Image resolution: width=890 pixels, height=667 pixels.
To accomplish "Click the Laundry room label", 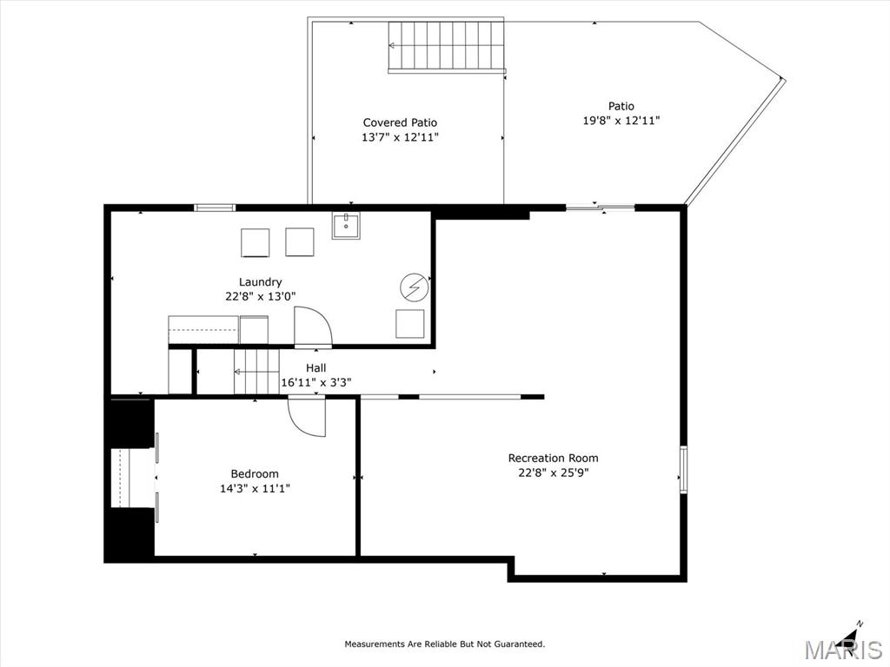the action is (260, 282).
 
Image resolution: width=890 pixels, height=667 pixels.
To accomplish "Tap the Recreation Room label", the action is (553, 458).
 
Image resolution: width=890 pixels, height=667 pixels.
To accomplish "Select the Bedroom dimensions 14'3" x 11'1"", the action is (255, 488).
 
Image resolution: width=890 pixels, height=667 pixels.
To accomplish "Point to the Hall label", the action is (316, 368).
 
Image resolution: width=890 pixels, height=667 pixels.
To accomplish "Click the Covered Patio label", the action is (400, 122).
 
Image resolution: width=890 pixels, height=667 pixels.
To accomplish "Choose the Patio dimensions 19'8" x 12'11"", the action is (621, 120).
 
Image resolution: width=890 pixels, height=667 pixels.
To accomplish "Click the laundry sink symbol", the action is (346, 226).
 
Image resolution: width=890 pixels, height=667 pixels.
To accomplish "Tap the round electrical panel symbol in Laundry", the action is (415, 288).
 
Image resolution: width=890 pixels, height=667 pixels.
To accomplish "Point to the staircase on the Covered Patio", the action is (447, 47).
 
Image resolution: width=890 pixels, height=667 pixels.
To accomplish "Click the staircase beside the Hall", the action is (256, 372).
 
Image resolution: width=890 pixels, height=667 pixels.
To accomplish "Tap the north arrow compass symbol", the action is (851, 632).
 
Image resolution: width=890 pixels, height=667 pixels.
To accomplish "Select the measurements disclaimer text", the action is (445, 644).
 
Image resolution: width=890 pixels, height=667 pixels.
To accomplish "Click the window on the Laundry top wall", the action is (215, 208).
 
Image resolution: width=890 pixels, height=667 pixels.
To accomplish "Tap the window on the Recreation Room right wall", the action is (683, 469).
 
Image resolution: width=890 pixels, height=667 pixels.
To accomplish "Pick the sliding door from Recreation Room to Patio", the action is (601, 208).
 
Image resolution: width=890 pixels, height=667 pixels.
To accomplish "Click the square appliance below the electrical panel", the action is (410, 324).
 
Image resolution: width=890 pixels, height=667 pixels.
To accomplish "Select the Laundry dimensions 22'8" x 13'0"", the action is (261, 296).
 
